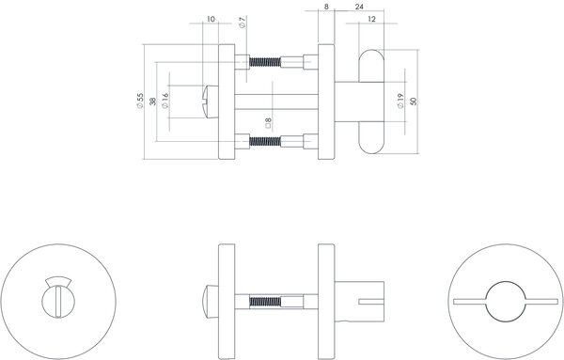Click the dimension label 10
click(210, 18)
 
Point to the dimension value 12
click(374, 19)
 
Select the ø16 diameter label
click(165, 101)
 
